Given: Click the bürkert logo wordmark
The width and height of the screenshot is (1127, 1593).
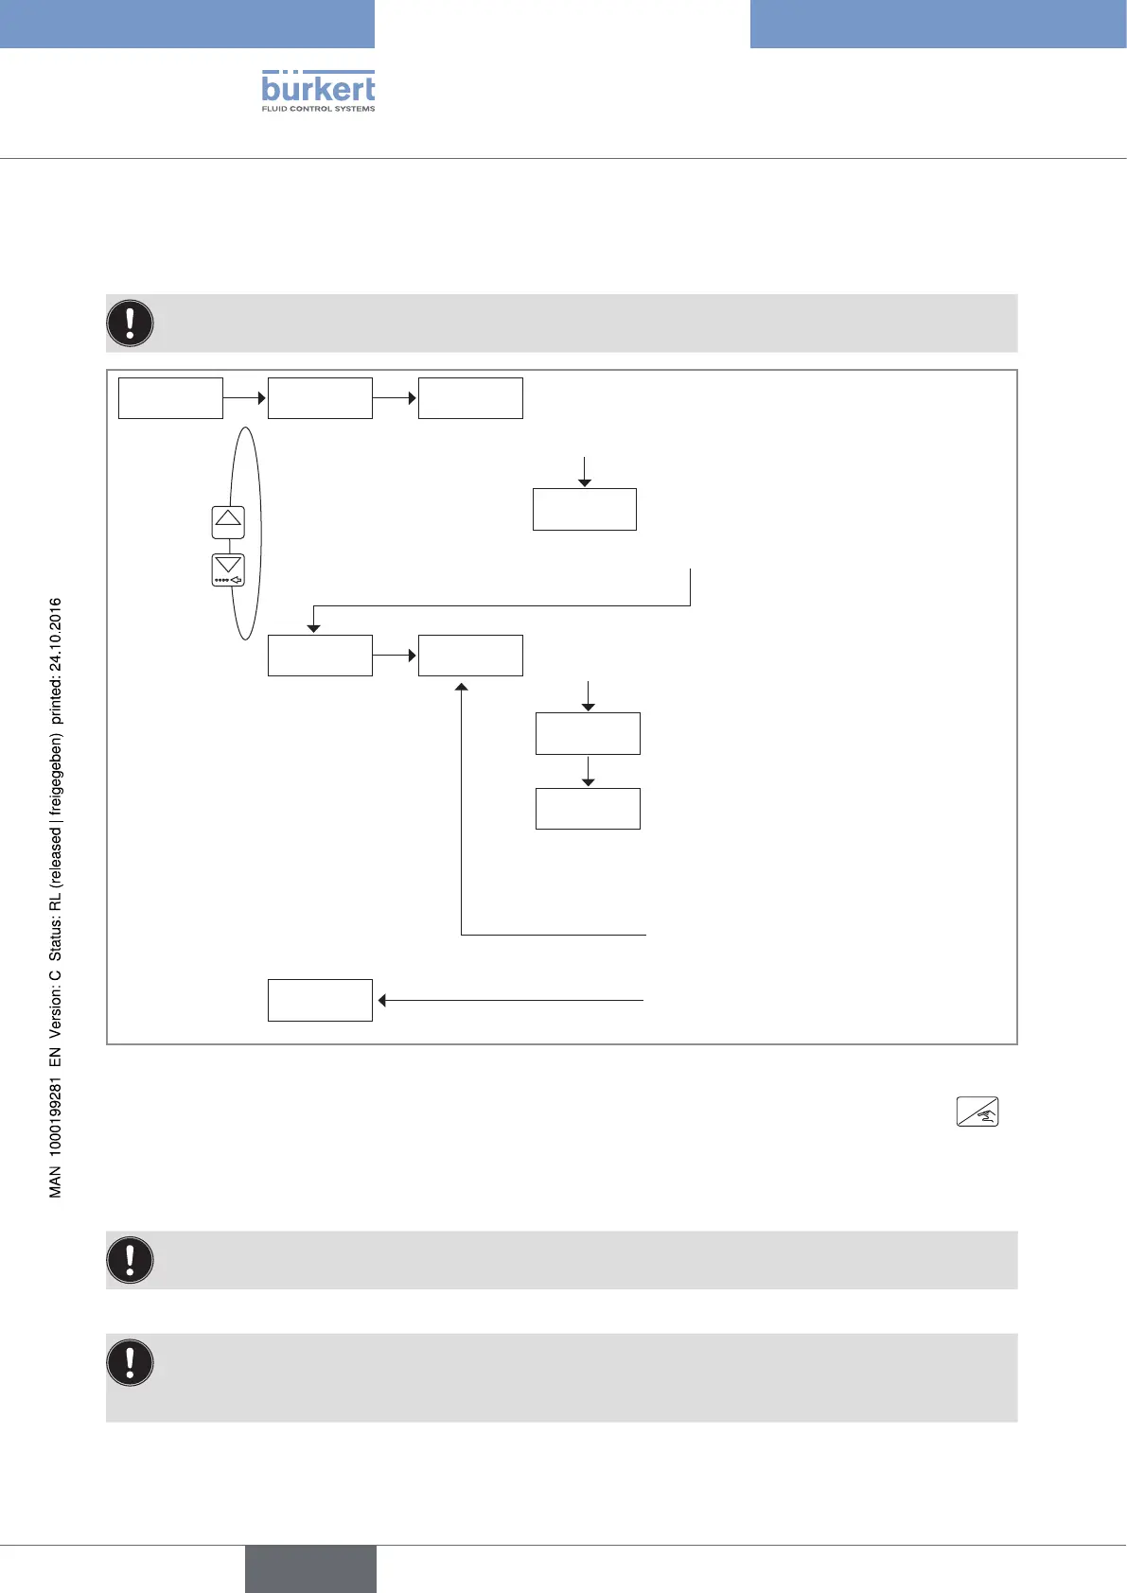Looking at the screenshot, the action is pos(318,88).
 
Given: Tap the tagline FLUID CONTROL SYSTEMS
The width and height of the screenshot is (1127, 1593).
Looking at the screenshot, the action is pos(318,109).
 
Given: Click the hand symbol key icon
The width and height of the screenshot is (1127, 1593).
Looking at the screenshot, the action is pos(977,1112).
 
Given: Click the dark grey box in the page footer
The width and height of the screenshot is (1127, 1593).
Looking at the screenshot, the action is pos(310,1568).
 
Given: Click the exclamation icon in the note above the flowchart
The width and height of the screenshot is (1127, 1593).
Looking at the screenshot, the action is pos(131,323).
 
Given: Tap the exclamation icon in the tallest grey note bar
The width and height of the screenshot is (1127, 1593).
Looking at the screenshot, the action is pos(131,1362).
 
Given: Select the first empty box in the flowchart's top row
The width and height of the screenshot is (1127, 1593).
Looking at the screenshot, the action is pos(170,398).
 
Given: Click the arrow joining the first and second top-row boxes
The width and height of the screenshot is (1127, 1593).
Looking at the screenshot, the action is pos(245,398).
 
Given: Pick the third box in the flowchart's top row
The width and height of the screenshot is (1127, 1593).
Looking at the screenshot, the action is pos(470,398).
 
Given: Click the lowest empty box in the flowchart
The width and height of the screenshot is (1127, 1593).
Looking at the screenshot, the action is pos(320,1000).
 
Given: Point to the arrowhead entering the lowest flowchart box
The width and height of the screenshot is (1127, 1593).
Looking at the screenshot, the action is pos(382,1000).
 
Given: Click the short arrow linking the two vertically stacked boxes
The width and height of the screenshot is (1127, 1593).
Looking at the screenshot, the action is pos(588,771).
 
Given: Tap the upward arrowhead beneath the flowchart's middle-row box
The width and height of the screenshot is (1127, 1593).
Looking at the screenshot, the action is pos(461,688).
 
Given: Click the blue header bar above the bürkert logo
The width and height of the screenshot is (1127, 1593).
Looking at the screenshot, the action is pos(187,24).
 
